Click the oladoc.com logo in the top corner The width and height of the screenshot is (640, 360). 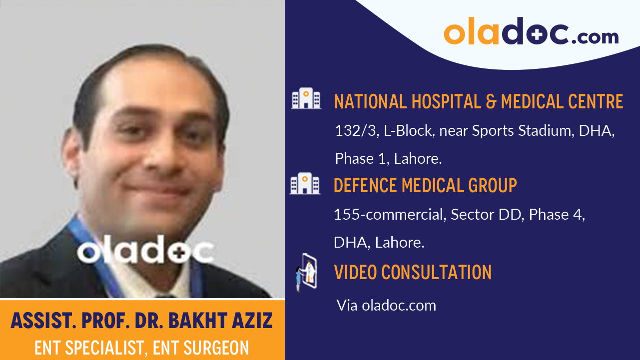click(531, 32)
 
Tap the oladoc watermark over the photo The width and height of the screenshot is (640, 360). click(145, 252)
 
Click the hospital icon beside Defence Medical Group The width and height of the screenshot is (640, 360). click(305, 183)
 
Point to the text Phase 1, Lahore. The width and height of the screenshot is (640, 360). click(388, 159)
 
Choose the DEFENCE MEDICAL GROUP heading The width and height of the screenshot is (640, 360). click(425, 186)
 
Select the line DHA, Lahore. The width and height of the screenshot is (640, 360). click(379, 243)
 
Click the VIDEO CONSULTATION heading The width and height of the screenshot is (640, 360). click(413, 273)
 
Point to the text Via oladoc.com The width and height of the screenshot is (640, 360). click(386, 305)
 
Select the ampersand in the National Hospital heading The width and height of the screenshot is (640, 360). click(491, 101)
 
